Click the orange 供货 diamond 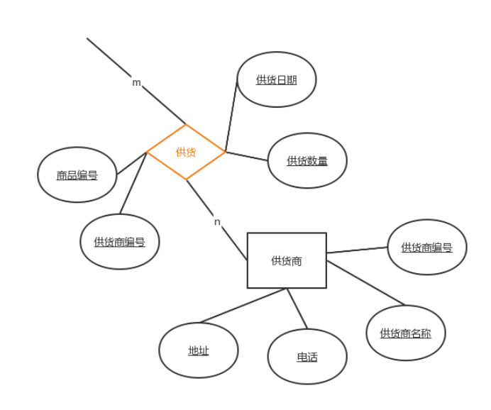186,152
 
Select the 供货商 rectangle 287,260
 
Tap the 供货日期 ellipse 276,79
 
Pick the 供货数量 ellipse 307,160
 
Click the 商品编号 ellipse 77,174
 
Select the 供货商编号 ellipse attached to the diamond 119,241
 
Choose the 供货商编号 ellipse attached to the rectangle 426,247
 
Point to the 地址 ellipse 198,350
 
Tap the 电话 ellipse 307,356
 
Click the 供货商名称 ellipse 405,333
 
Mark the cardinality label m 136,82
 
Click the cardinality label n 217,222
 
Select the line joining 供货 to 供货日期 231,117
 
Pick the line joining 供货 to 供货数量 246,156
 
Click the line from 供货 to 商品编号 131,163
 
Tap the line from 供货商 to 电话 297,309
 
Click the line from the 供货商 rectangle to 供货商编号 357,250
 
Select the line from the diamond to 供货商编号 133,184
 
